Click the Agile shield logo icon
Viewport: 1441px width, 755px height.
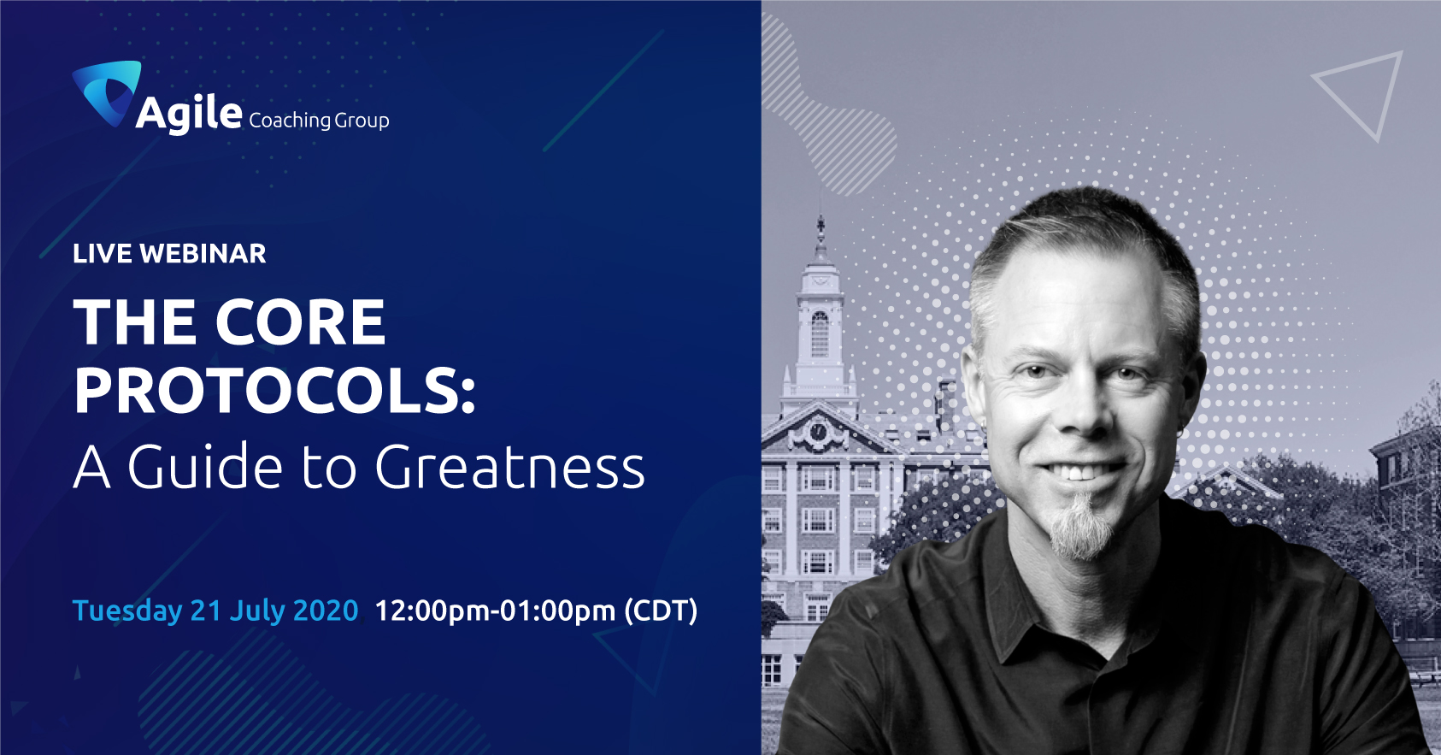click(106, 90)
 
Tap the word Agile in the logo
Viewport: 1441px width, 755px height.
click(189, 114)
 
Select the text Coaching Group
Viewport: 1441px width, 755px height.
click(319, 121)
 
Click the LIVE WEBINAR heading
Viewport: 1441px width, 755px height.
click(169, 254)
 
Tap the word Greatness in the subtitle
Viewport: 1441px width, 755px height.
click(509, 466)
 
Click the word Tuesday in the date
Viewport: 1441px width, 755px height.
click(127, 610)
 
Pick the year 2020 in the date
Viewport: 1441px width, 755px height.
click(326, 610)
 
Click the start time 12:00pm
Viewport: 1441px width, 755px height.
click(432, 610)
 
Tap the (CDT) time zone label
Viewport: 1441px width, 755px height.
click(661, 610)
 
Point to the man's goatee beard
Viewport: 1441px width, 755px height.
click(1081, 528)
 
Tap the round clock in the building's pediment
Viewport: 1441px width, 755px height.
click(818, 431)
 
